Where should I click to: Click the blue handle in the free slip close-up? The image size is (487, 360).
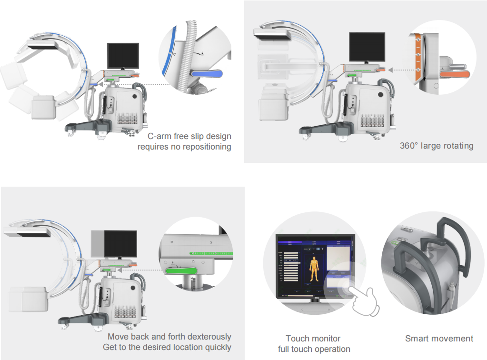click(207, 74)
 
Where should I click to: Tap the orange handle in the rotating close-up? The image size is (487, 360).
click(455, 74)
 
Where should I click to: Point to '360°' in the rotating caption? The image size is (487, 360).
click(408, 146)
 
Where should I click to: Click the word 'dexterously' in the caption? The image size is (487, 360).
click(209, 337)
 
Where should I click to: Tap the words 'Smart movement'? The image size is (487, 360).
click(439, 339)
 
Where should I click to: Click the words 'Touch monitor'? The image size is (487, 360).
click(313, 339)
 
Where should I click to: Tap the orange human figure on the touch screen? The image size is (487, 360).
click(314, 269)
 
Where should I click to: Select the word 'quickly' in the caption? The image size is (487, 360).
click(217, 347)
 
